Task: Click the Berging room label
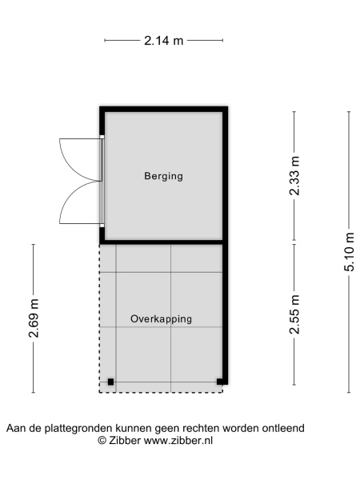pyautogui.click(x=163, y=176)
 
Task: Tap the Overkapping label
pyautogui.click(x=162, y=319)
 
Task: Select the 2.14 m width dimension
pyautogui.click(x=163, y=40)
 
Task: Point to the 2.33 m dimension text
pyautogui.click(x=294, y=175)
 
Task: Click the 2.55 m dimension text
pyautogui.click(x=294, y=314)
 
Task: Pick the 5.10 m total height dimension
pyautogui.click(x=349, y=252)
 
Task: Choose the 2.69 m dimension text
pyautogui.click(x=34, y=318)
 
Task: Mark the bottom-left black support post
pyautogui.click(x=111, y=382)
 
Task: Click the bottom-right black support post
pyautogui.click(x=220, y=382)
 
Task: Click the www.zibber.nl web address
pyautogui.click(x=178, y=441)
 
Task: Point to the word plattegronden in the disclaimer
pyautogui.click(x=78, y=428)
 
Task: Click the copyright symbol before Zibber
pyautogui.click(x=102, y=441)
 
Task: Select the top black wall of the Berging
pyautogui.click(x=164, y=110)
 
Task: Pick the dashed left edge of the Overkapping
pyautogui.click(x=99, y=318)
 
